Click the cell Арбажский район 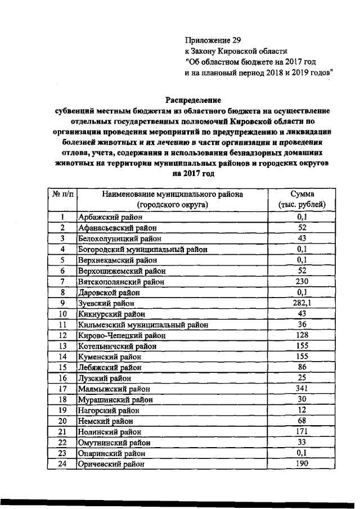click(x=110, y=217)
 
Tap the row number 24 click(x=64, y=464)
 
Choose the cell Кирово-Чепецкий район click(x=121, y=335)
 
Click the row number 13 click(x=64, y=346)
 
